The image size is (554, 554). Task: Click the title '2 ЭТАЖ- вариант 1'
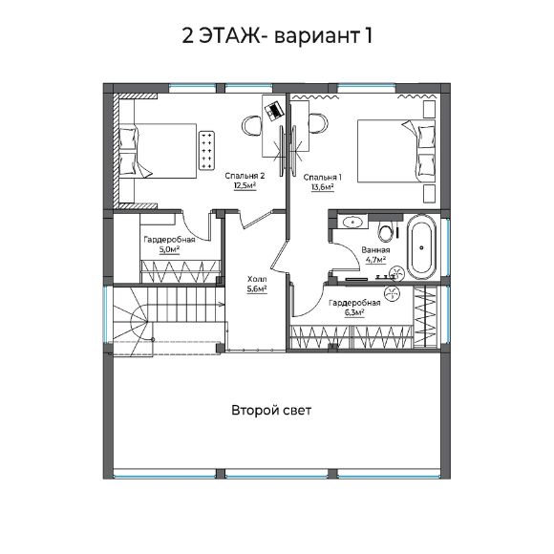pyautogui.click(x=277, y=36)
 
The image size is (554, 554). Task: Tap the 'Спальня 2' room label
pyautogui.click(x=245, y=176)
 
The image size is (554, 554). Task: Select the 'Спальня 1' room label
pyautogui.click(x=323, y=177)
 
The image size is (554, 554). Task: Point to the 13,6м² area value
pyautogui.click(x=323, y=187)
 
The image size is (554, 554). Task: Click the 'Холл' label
pyautogui.click(x=257, y=280)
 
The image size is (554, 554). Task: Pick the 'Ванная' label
pyautogui.click(x=375, y=250)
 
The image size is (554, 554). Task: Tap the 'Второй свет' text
pyautogui.click(x=271, y=410)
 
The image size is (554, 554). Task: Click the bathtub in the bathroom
pyautogui.click(x=421, y=247)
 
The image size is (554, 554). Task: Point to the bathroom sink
pyautogui.click(x=352, y=223)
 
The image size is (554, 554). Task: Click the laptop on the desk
pyautogui.click(x=273, y=111)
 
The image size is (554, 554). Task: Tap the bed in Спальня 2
pyautogui.click(x=158, y=151)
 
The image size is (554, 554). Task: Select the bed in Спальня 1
pyautogui.click(x=396, y=151)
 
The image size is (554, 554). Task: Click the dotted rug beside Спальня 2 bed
pyautogui.click(x=206, y=150)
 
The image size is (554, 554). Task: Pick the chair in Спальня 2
pyautogui.click(x=251, y=125)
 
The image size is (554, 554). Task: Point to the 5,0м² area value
pyautogui.click(x=169, y=250)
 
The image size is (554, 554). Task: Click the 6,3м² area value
pyautogui.click(x=354, y=312)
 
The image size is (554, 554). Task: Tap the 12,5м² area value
pyautogui.click(x=245, y=186)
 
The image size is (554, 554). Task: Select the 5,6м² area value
pyautogui.click(x=257, y=289)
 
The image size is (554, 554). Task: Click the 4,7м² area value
pyautogui.click(x=375, y=260)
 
